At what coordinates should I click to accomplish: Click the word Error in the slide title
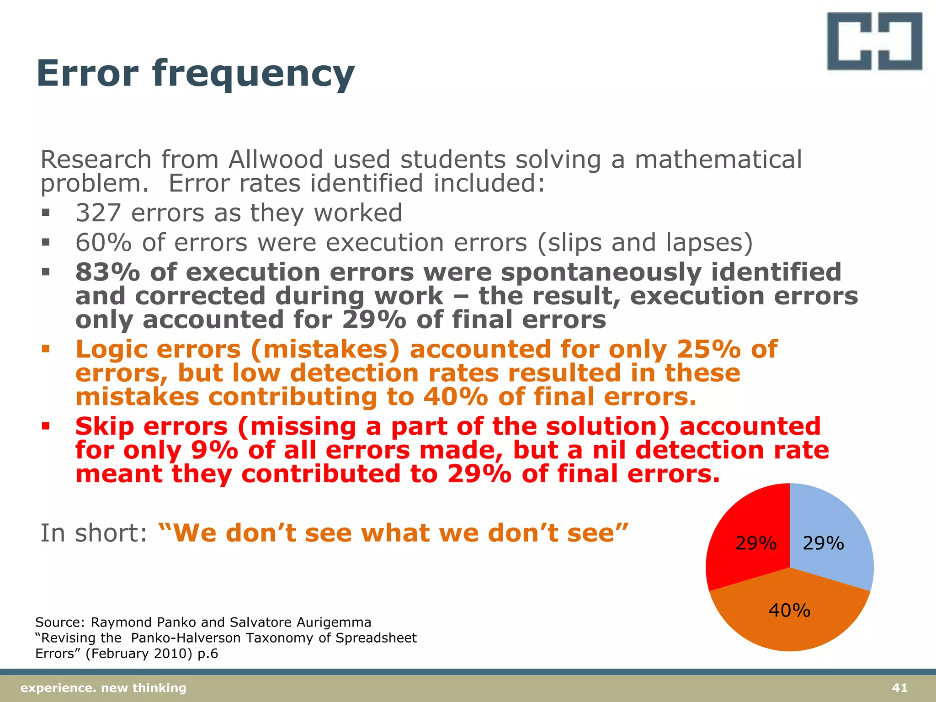click(87, 73)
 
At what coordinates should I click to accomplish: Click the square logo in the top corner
click(874, 41)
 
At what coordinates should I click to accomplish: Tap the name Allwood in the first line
click(276, 160)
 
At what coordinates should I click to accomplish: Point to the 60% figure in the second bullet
click(103, 243)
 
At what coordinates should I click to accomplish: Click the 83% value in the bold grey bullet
click(107, 272)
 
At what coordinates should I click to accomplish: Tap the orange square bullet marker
click(45, 350)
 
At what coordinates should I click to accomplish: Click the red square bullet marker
click(45, 427)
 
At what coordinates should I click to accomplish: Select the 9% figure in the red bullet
click(214, 450)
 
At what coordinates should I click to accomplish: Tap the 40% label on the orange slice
click(789, 611)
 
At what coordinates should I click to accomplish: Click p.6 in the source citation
click(207, 654)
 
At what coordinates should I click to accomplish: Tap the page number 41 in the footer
click(899, 688)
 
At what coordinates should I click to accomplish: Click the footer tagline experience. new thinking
click(104, 688)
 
